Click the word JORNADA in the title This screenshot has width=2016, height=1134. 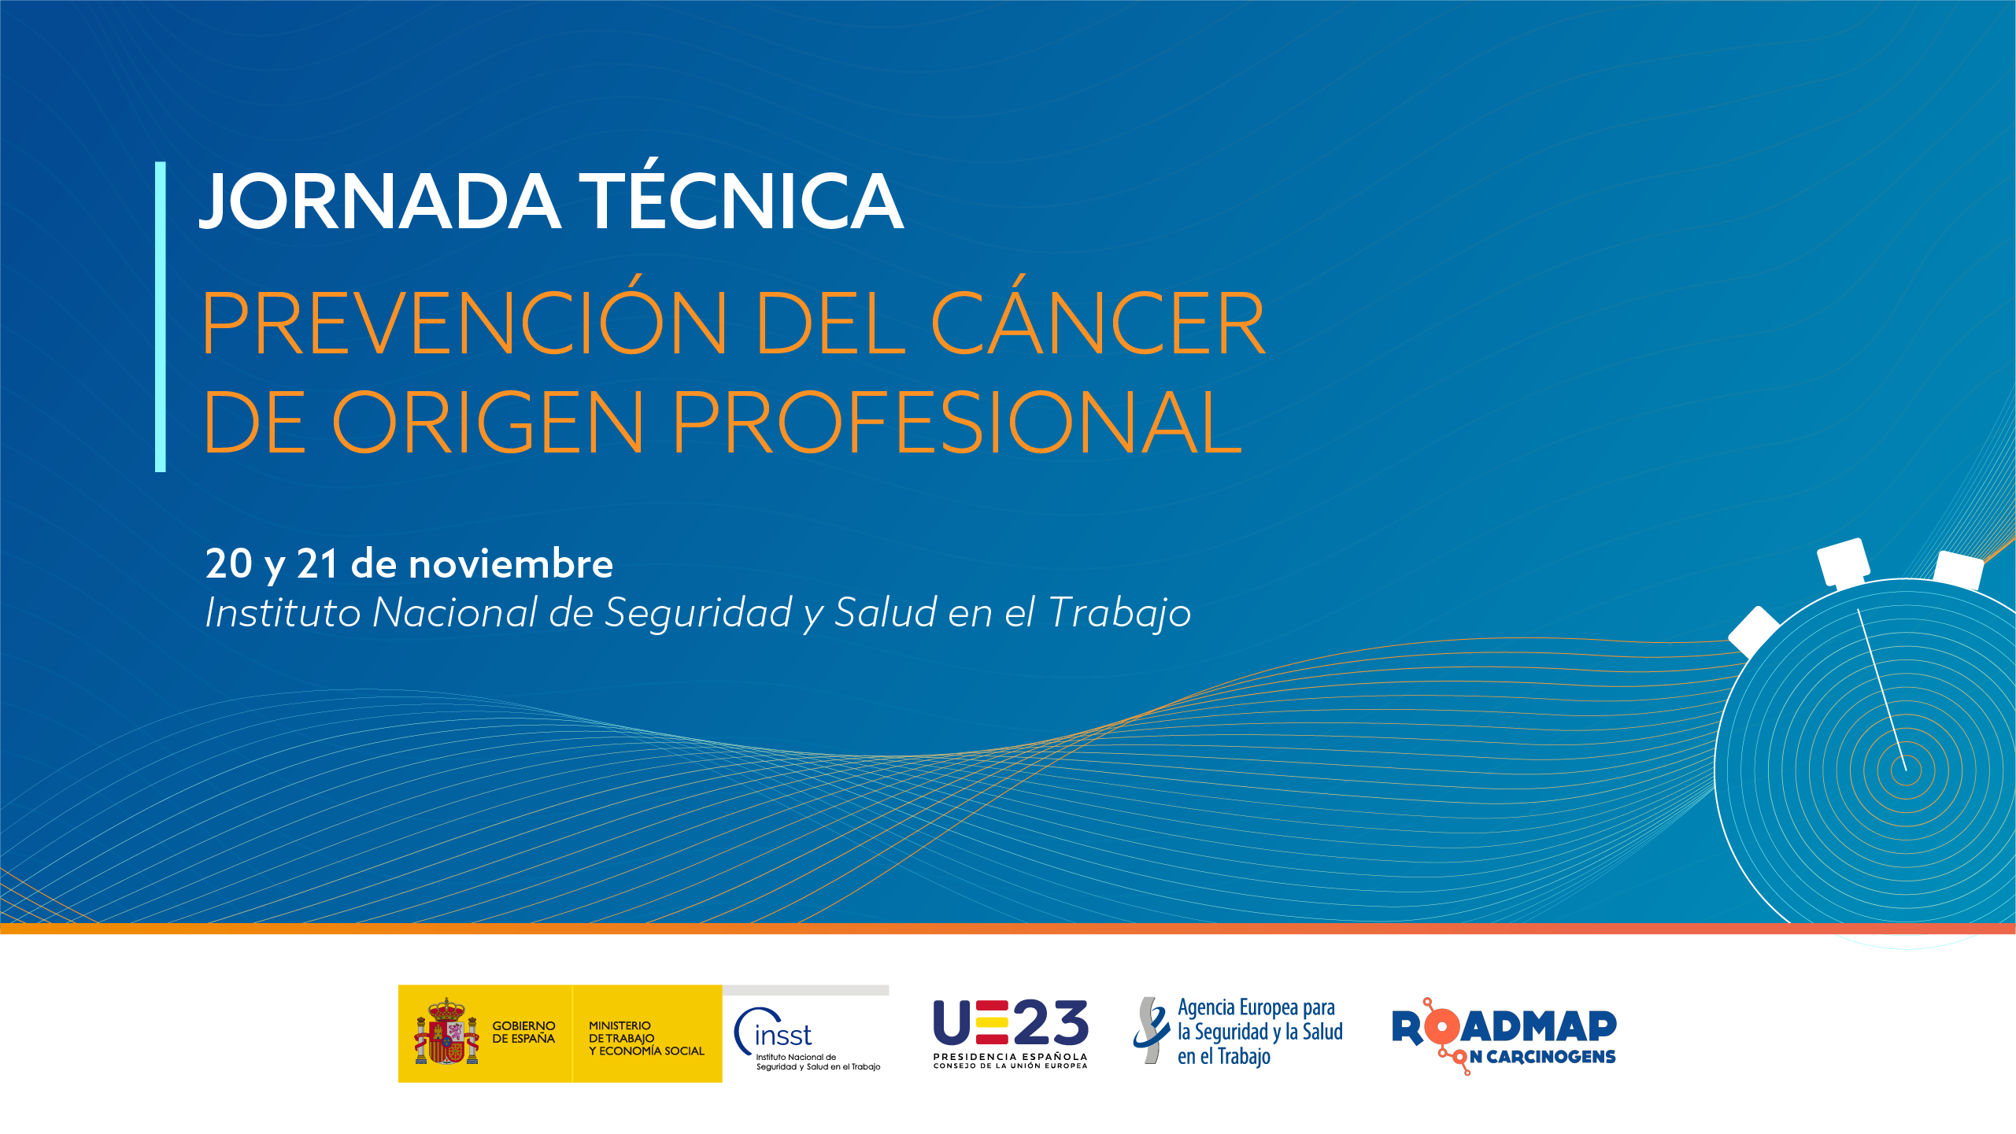click(x=380, y=202)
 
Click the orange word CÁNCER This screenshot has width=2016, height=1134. click(x=1099, y=315)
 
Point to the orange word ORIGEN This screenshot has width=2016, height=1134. click(x=488, y=423)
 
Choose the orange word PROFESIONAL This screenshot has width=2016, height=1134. click(x=957, y=423)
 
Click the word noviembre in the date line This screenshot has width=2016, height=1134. click(x=511, y=563)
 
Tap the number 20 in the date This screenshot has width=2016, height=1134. click(x=229, y=564)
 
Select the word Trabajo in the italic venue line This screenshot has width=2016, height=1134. click(x=1120, y=614)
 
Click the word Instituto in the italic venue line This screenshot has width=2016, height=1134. click(x=283, y=612)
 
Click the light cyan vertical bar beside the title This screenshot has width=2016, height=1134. click(x=161, y=317)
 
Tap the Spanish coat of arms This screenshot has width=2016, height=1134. click(x=446, y=1032)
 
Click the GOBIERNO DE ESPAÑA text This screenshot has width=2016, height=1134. click(x=523, y=1032)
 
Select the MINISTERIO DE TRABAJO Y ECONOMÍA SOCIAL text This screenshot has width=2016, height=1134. click(x=646, y=1038)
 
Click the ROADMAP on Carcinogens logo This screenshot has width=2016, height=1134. click(x=1504, y=1036)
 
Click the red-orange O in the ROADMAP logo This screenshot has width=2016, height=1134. click(x=1442, y=1027)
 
